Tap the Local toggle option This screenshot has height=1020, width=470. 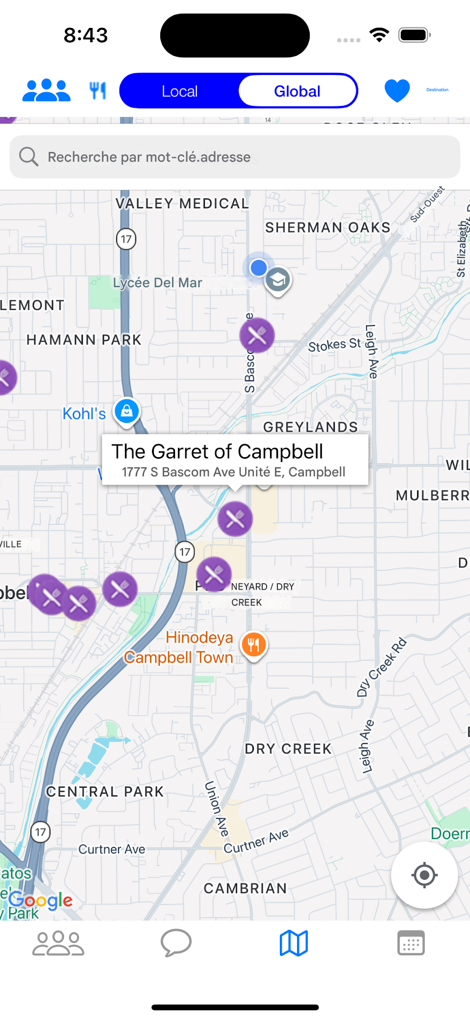click(x=180, y=91)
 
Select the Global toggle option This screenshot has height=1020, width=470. click(x=297, y=91)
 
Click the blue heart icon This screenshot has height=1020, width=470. click(x=397, y=91)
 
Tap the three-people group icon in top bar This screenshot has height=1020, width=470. click(x=47, y=91)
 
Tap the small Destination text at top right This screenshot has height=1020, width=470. click(x=437, y=90)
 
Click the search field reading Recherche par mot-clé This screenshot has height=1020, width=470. click(x=235, y=157)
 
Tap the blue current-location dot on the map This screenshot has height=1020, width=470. click(x=258, y=268)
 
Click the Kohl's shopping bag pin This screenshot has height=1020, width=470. click(x=127, y=411)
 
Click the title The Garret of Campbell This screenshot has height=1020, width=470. click(x=217, y=451)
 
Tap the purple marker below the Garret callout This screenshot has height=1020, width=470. click(x=235, y=518)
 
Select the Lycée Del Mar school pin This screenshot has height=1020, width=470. click(x=278, y=280)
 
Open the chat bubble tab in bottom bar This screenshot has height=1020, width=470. click(x=176, y=943)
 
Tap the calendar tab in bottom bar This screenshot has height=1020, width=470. click(x=411, y=943)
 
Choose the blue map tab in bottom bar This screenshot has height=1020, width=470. click(x=294, y=943)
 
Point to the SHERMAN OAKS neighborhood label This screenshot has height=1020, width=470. click(x=327, y=227)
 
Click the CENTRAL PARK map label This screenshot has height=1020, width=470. click(x=104, y=792)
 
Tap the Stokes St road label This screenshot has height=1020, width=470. click(x=334, y=345)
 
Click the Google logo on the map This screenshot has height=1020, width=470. click(x=41, y=900)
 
